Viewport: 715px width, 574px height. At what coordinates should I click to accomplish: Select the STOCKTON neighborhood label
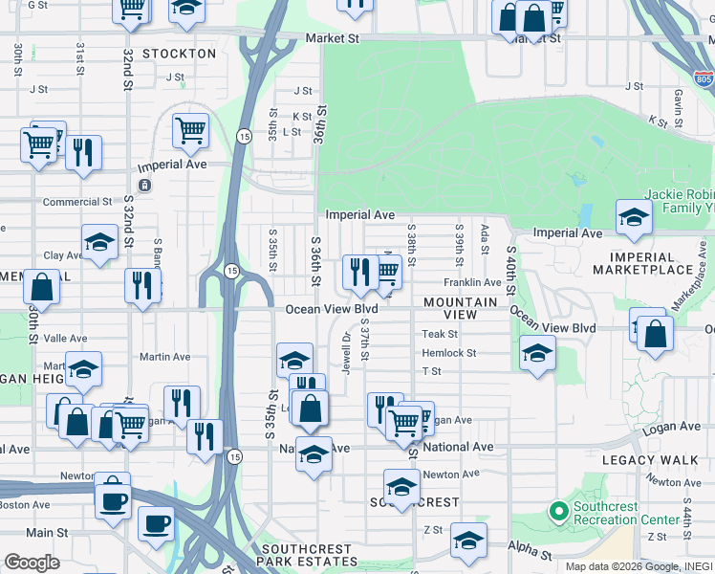click(179, 54)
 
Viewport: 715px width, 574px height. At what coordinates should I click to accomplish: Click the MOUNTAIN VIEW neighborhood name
click(462, 308)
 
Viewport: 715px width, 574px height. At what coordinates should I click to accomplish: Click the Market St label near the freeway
click(332, 38)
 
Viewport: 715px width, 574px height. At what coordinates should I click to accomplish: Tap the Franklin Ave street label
click(472, 283)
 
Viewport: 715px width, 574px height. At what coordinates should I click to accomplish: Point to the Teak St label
click(441, 334)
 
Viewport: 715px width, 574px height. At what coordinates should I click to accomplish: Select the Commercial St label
click(77, 202)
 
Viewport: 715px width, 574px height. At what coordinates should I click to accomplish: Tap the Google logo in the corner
click(32, 562)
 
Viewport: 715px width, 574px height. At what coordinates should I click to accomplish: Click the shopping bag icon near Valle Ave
click(42, 286)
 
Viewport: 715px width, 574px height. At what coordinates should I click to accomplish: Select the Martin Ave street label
click(165, 357)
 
